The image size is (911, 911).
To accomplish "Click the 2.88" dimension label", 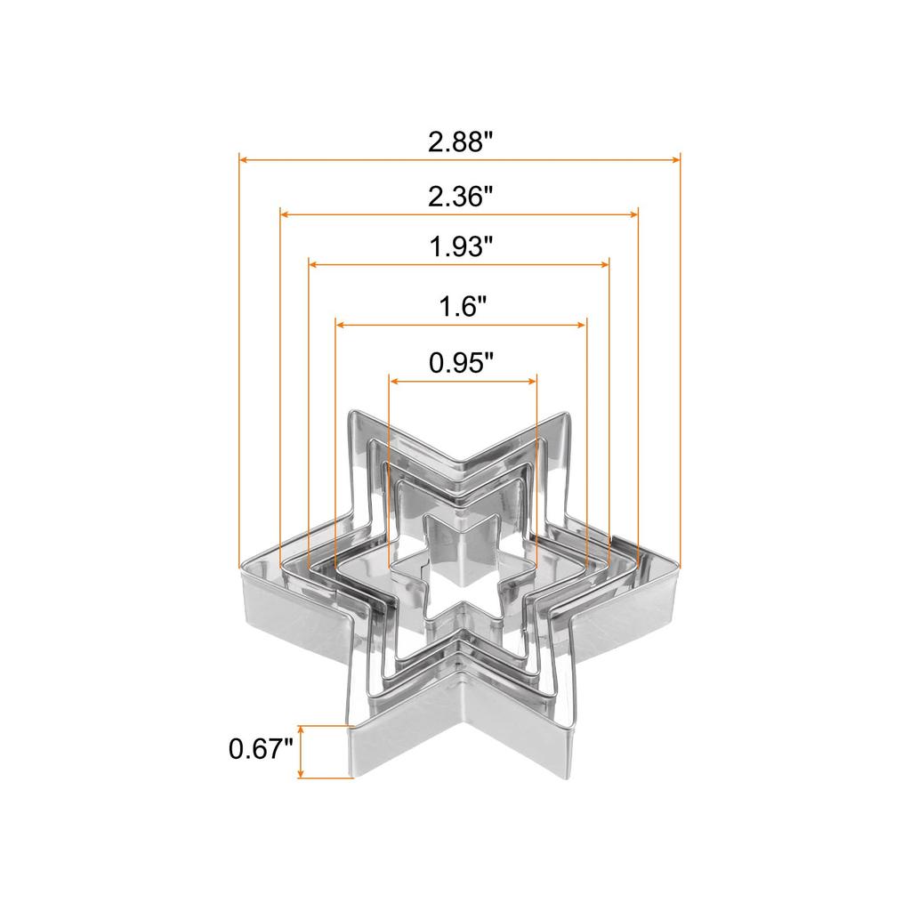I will pos(460,141).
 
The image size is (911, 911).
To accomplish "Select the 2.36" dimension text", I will pos(460,196).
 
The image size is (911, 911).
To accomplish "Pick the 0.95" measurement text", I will pos(461,362).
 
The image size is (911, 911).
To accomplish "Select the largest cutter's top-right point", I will pos(566,415).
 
